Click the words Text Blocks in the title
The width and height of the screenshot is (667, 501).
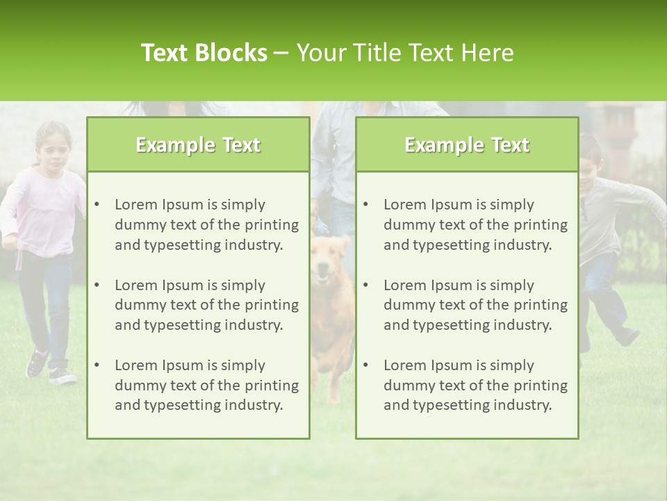204,53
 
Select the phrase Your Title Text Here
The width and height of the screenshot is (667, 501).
405,53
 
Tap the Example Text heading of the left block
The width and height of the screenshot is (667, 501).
198,145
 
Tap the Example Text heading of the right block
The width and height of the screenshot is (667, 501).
467,145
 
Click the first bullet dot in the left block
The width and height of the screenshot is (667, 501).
97,205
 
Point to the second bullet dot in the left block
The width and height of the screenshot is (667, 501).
97,285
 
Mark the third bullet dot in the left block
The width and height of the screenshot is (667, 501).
97,365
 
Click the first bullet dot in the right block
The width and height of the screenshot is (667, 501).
366,205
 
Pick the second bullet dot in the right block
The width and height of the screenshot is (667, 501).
366,285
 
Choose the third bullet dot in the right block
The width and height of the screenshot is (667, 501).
366,365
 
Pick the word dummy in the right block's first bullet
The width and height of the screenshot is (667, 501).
406,225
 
